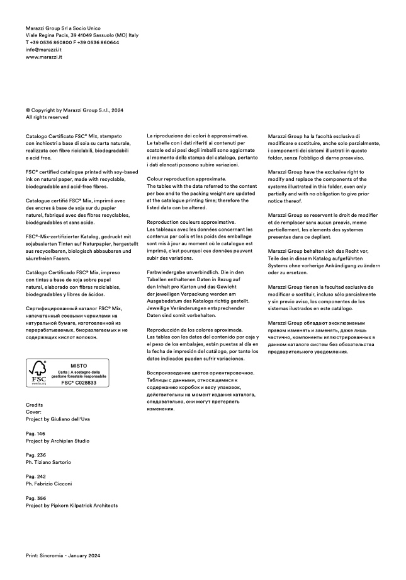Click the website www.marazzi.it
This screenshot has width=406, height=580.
point(43,57)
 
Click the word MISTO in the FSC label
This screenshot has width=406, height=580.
point(79,365)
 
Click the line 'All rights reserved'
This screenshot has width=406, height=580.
point(47,117)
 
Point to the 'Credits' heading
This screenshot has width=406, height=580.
point(35,405)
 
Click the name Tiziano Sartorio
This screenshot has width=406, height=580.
point(52,462)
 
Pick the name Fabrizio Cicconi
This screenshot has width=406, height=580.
point(52,484)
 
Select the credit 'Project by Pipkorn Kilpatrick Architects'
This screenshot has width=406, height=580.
point(72,506)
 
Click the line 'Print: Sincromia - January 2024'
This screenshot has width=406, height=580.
point(63,555)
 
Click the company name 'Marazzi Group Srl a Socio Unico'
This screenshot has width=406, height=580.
point(64,28)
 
